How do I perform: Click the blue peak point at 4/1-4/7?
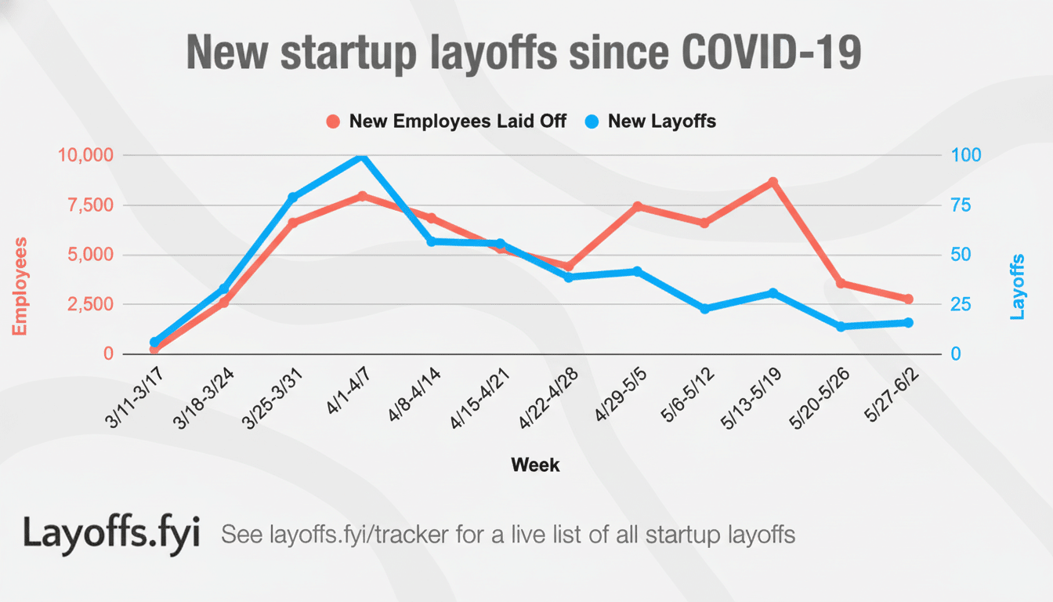362,157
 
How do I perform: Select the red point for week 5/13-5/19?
773,182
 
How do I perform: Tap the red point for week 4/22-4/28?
569,267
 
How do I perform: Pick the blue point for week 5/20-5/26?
841,326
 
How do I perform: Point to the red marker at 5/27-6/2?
909,299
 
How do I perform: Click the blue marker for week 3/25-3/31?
293,198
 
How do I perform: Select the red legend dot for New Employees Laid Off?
333,122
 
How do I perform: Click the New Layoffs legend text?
662,121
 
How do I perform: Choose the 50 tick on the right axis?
960,255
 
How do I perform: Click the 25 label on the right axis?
960,304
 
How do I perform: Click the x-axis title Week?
535,465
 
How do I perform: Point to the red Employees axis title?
20,286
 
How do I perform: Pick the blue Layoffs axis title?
1017,286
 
